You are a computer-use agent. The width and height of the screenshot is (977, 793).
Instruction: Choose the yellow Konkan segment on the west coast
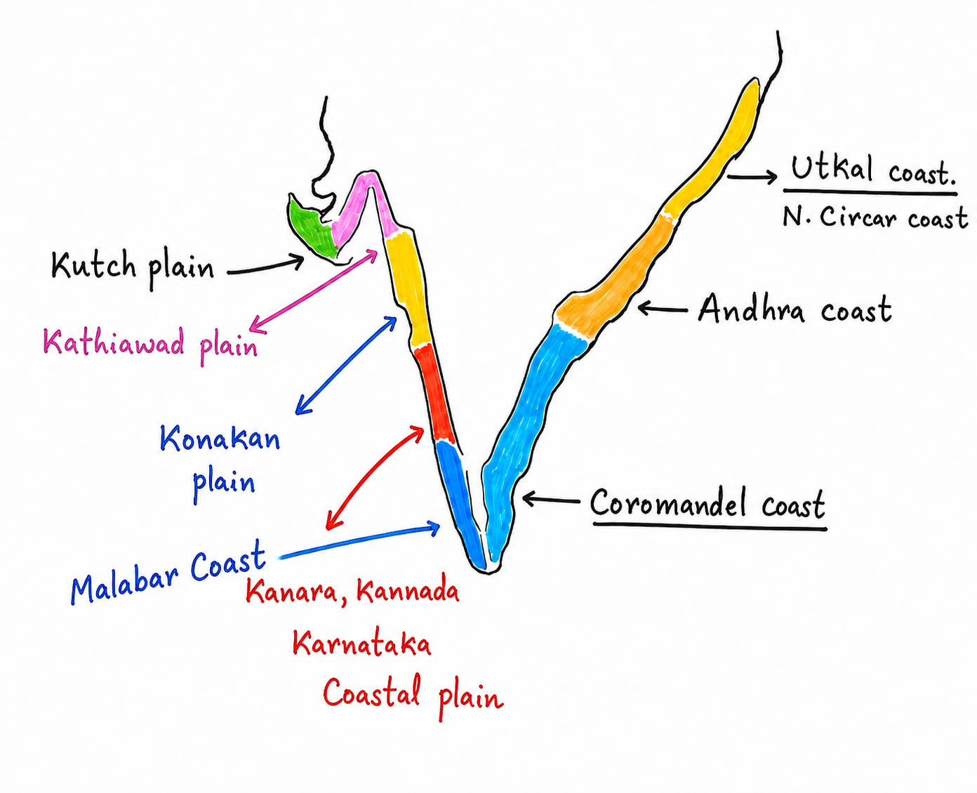point(407,289)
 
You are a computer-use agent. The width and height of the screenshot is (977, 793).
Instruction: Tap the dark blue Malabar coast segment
point(461,505)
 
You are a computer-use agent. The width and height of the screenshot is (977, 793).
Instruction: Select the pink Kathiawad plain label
point(150,345)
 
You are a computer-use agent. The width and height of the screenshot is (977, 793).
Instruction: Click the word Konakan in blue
point(220,438)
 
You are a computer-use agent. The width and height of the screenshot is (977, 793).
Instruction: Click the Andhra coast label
point(795,309)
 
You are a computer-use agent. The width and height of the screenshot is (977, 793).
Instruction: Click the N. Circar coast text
point(875,217)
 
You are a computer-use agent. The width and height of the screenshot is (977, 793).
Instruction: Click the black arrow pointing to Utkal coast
point(752,177)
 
